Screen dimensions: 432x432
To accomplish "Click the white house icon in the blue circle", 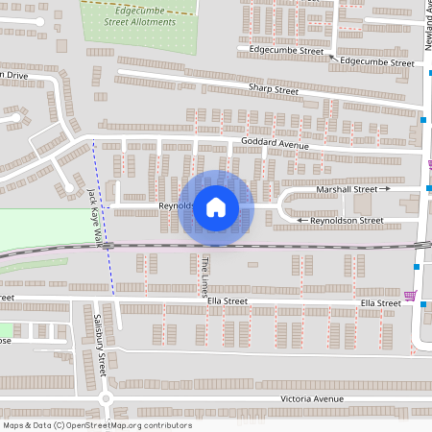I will click(216, 206).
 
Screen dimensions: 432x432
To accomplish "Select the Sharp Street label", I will click(274, 90).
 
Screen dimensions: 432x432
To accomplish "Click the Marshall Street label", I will click(347, 190).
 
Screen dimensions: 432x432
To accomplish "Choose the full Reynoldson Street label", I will click(347, 221).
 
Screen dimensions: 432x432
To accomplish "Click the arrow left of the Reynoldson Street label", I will click(302, 221).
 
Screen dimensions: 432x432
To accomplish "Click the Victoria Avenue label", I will click(312, 398).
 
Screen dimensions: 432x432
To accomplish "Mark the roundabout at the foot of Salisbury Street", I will click(108, 397).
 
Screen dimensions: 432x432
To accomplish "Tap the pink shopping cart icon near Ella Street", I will click(411, 296).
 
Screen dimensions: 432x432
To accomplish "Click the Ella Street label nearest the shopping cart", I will click(380, 303).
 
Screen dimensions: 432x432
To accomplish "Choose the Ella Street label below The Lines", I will click(228, 301).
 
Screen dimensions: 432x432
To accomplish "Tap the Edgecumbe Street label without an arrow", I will click(285, 49).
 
